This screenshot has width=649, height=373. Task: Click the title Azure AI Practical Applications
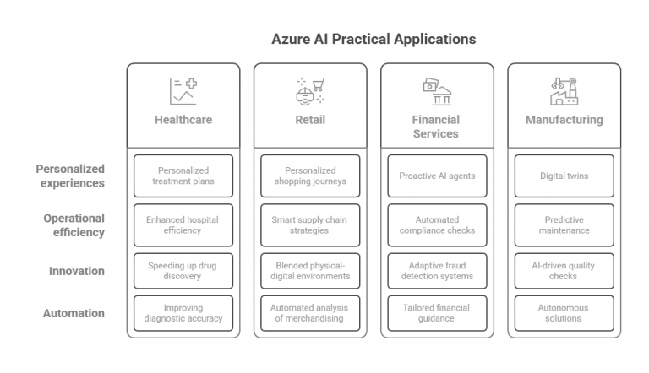tap(374, 39)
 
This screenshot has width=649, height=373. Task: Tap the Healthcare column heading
tap(183, 120)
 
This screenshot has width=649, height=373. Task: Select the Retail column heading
tap(310, 120)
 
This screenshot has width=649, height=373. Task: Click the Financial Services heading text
tap(436, 127)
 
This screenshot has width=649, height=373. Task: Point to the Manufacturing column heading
tap(564, 120)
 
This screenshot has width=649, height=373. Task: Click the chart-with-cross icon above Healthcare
tap(183, 91)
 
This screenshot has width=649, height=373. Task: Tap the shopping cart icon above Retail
tap(310, 91)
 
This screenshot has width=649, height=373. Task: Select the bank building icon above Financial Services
tap(437, 91)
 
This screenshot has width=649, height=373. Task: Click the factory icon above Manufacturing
tap(564, 91)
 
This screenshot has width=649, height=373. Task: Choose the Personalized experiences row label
tap(70, 176)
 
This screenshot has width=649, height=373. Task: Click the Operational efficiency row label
tap(74, 225)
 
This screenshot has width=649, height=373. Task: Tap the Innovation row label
tap(77, 271)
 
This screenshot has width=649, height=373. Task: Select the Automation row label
tap(74, 313)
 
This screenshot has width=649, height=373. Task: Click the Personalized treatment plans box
tap(183, 176)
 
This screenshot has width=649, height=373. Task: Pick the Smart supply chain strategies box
tap(310, 225)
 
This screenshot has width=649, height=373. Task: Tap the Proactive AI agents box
tap(437, 176)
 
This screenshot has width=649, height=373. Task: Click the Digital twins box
tap(564, 176)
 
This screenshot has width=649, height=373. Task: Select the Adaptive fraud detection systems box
tap(437, 271)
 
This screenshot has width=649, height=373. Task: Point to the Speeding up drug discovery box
tap(183, 271)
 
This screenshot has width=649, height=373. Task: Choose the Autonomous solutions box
tap(564, 313)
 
